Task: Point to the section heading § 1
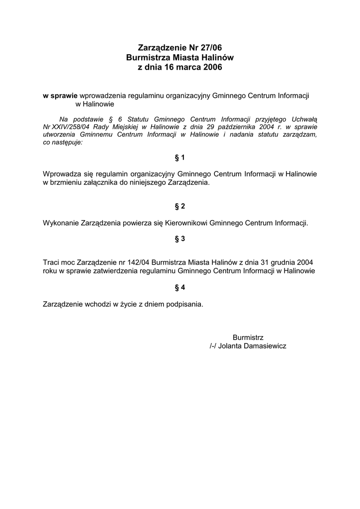(x=180, y=158)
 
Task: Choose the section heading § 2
(x=180, y=206)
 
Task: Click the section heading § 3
(x=180, y=239)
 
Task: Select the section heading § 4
(x=180, y=287)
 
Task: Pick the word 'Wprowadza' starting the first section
(x=62, y=174)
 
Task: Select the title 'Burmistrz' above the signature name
(x=248, y=338)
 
